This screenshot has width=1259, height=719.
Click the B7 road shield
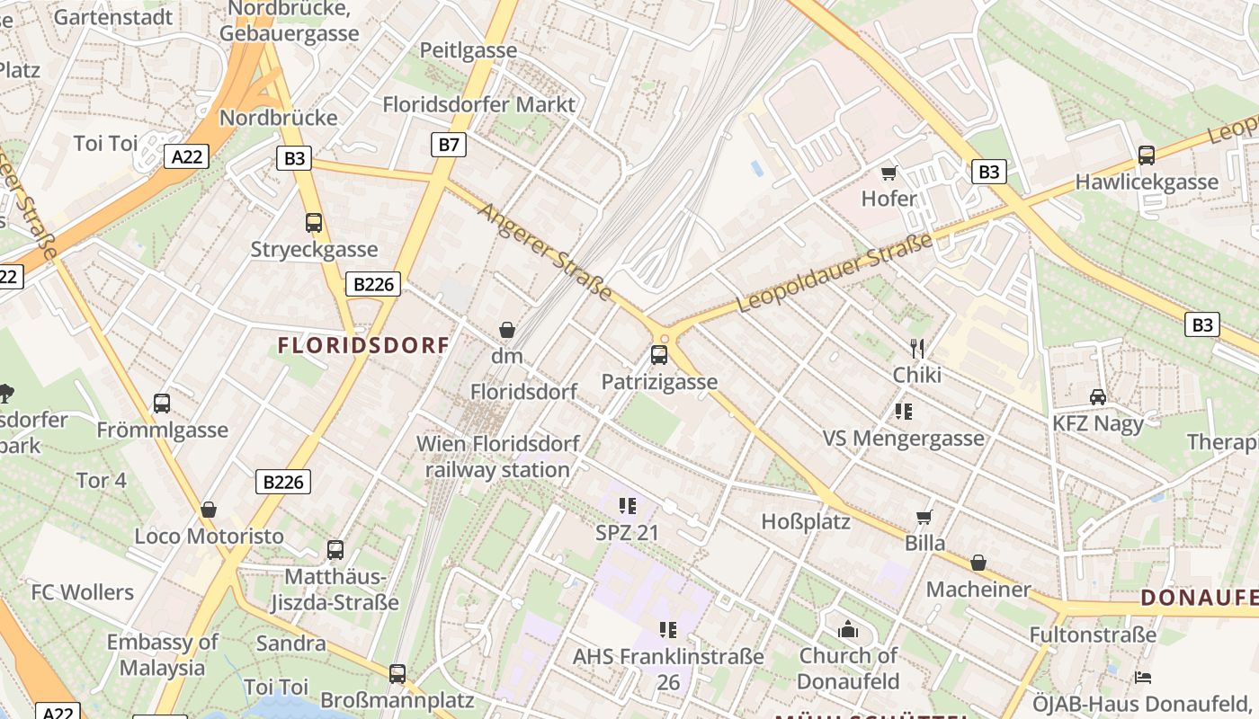(449, 144)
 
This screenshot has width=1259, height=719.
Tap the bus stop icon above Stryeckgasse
(314, 222)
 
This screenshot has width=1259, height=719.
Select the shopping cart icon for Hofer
(889, 173)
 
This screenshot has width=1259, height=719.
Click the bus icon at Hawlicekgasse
(1147, 155)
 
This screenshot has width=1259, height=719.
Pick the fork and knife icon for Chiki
(917, 348)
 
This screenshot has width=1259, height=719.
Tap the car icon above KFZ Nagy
(1098, 396)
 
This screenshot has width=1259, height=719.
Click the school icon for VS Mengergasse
(904, 412)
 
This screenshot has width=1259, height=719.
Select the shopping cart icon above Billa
(924, 517)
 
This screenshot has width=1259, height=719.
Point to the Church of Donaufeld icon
(848, 629)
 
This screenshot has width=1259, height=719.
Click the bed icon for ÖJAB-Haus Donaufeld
(1143, 676)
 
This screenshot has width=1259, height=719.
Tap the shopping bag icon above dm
(507, 330)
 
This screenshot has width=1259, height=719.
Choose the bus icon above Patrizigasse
(659, 355)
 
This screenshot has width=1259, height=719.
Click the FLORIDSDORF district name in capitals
(363, 345)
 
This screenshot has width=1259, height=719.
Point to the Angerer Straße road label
(546, 252)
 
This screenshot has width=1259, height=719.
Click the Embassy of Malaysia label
(163, 655)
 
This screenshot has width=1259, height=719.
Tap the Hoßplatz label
(806, 521)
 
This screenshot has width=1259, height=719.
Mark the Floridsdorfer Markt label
(478, 104)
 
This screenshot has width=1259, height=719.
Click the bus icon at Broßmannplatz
(397, 673)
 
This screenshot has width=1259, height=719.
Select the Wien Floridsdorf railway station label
(498, 457)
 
